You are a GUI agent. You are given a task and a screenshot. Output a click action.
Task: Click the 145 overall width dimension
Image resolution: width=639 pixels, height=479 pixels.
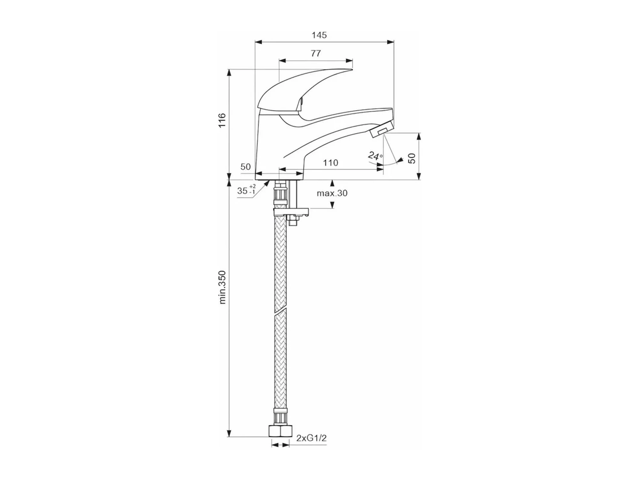click(x=319, y=35)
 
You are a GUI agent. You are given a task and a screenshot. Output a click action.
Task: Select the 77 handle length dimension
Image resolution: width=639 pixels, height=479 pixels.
click(x=316, y=53)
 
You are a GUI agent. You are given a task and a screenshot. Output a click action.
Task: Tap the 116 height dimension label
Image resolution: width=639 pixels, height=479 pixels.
click(x=222, y=120)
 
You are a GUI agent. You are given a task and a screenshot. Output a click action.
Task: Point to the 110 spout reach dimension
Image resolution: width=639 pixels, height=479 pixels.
click(x=330, y=163)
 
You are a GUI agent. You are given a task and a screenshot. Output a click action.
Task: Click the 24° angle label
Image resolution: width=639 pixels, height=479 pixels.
click(x=375, y=156)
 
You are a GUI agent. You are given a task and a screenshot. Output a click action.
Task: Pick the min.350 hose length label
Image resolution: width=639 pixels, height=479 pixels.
click(x=222, y=287)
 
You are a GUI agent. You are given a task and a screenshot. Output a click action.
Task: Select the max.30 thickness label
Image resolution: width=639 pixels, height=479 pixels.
click(x=332, y=193)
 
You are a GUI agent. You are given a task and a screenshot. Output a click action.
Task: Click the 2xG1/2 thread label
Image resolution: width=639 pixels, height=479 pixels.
click(x=312, y=438)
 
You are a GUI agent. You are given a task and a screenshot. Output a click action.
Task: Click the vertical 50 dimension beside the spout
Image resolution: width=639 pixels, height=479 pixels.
click(x=412, y=158)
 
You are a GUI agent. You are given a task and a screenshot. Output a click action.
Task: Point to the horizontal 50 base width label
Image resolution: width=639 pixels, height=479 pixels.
click(x=246, y=167)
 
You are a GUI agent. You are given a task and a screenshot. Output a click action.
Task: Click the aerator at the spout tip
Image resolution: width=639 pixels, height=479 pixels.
click(x=381, y=131)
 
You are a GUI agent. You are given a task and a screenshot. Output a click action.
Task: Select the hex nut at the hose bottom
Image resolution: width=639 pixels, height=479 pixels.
click(x=280, y=431)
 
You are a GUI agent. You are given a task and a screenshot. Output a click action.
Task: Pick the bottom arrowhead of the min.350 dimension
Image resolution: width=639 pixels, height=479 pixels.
click(x=229, y=433)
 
